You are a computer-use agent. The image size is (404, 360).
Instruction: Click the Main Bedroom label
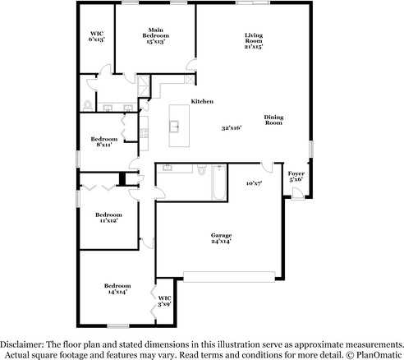pyautogui.click(x=155, y=35)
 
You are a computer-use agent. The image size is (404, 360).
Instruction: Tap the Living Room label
pyautogui.click(x=254, y=41)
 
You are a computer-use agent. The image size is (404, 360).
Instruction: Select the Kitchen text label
pyautogui.click(x=202, y=101)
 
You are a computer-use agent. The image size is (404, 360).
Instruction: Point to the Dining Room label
pyautogui.click(x=273, y=120)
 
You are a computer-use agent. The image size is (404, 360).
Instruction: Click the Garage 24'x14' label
pyautogui.click(x=221, y=238)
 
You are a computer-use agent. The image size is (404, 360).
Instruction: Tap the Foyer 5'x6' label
pyautogui.click(x=296, y=177)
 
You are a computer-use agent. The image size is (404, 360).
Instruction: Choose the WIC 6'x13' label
pyautogui.click(x=97, y=36)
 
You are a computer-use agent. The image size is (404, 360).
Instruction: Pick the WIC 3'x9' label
pyautogui.click(x=165, y=301)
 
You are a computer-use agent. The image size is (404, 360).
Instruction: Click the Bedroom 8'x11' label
pyautogui.click(x=104, y=141)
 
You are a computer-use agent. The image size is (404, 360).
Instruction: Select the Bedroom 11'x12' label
pyautogui.click(x=108, y=218)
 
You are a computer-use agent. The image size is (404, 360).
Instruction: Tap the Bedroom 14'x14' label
pyautogui.click(x=117, y=288)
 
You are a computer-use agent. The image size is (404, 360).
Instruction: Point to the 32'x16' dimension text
pyautogui.click(x=232, y=128)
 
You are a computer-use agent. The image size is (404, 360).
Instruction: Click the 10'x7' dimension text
pyautogui.click(x=255, y=183)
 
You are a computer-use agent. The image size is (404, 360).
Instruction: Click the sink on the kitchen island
pyautogui.click(x=174, y=127)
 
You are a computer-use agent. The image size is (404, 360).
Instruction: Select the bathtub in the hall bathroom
pyautogui.click(x=218, y=182)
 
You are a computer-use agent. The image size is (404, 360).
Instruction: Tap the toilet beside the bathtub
pyautogui.click(x=202, y=169)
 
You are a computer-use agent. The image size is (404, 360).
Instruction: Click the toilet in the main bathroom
pyautogui.click(x=88, y=106)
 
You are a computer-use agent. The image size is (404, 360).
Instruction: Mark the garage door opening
pyautogui.click(x=229, y=277)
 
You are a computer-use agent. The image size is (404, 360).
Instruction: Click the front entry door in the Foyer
pyautogui.click(x=297, y=193)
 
